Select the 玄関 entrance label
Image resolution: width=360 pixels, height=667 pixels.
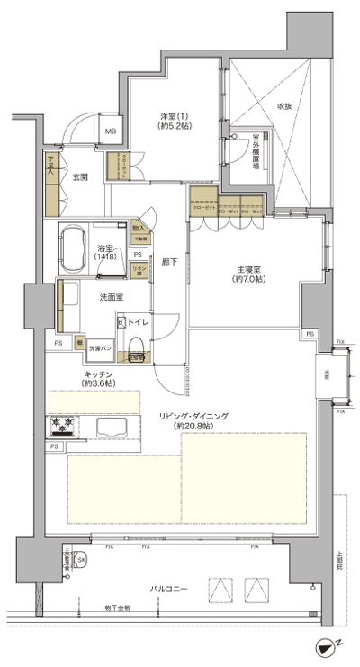79,177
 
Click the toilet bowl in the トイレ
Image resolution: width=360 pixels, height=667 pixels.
135,347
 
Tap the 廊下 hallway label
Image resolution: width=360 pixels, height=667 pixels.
168,262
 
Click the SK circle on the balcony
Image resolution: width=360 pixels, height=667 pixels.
82,560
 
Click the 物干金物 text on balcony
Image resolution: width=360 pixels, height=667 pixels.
116,608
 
